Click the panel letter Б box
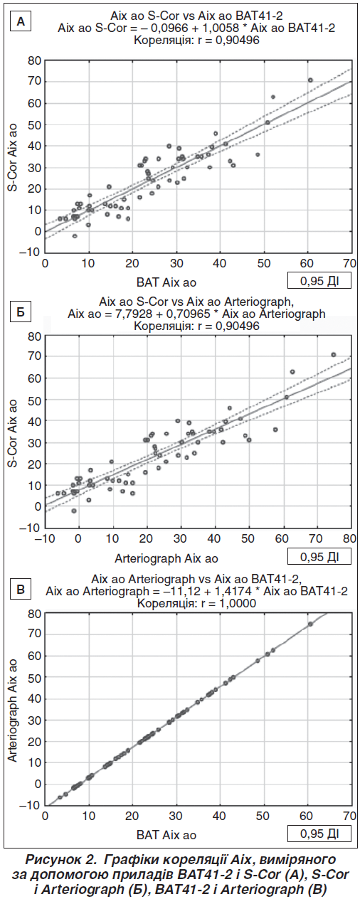pos(21,312)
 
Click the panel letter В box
pos(21,589)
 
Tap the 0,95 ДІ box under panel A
pos(319,281)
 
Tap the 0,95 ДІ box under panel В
pos(319,833)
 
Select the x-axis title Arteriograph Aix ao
pos(166,558)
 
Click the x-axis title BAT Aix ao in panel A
pos(166,282)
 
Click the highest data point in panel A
pos(309,80)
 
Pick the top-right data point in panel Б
pos(333,354)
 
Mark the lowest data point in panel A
pos(75,236)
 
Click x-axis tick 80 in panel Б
pos(350,538)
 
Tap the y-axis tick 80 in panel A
pos(33,60)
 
